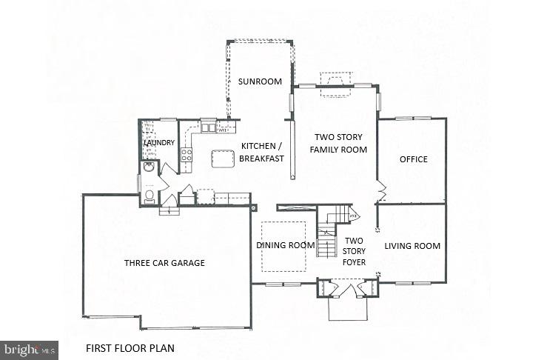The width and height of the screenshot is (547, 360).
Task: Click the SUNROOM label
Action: pyautogui.click(x=259, y=81)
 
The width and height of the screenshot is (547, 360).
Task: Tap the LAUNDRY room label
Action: pyautogui.click(x=160, y=142)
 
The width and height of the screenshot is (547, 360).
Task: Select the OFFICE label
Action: pyautogui.click(x=413, y=159)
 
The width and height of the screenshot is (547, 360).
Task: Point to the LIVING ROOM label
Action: pyautogui.click(x=412, y=246)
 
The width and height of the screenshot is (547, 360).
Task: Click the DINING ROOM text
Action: pyautogui.click(x=281, y=246)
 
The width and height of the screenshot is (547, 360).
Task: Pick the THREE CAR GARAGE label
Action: pyautogui.click(x=164, y=263)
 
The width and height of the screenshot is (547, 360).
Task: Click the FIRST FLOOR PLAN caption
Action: pyautogui.click(x=130, y=347)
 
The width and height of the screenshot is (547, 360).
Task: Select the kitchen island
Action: pyautogui.click(x=223, y=159)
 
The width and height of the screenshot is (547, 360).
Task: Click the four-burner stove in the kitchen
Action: pyautogui.click(x=187, y=156)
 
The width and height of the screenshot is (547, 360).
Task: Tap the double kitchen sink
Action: pyautogui.click(x=208, y=127)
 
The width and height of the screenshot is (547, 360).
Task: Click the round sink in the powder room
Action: pyautogui.click(x=148, y=167)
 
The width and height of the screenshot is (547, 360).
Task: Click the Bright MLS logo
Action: pyautogui.click(x=30, y=350)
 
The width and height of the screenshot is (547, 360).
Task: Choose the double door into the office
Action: pyautogui.click(x=380, y=190)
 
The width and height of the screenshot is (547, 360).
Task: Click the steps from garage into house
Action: pyautogui.click(x=170, y=210)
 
